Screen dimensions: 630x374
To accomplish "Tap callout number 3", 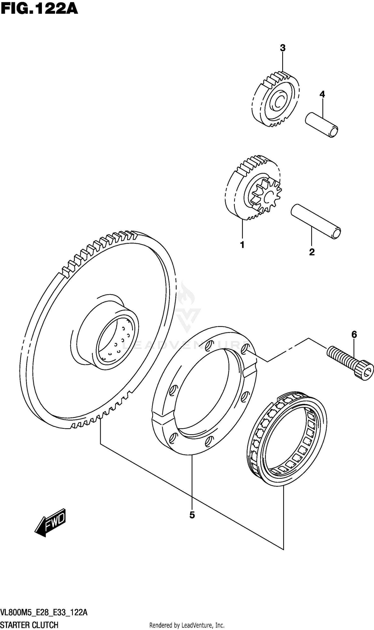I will (x=282, y=48).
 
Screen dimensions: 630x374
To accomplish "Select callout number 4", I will (x=322, y=95).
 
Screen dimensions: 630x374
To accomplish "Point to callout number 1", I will (x=242, y=244).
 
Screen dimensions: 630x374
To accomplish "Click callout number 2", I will (x=312, y=252).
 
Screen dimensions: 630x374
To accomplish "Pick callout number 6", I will (x=354, y=334).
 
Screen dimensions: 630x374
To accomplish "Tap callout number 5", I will (x=192, y=515).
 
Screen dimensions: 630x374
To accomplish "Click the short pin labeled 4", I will (x=321, y=125).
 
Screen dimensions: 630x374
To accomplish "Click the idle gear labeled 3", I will (x=275, y=100).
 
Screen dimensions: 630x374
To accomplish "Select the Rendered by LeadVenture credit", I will (x=187, y=623).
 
